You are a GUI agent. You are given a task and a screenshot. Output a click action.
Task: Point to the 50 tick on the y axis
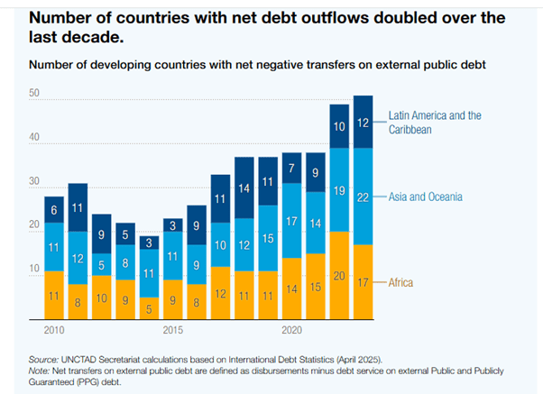point(35,95)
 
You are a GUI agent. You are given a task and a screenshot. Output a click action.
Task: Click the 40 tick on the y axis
point(35,138)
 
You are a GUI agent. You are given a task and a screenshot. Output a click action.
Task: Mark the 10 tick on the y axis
point(35,269)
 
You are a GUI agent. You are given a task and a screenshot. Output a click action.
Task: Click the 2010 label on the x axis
point(54,329)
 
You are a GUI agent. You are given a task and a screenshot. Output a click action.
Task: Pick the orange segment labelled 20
point(339,275)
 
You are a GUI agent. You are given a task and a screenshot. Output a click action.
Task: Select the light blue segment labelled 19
point(339,190)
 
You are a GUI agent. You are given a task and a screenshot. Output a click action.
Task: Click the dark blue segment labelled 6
point(54,209)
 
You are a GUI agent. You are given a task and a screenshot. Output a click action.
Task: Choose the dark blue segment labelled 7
point(291,169)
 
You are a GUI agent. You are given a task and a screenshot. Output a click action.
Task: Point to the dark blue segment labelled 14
point(244,189)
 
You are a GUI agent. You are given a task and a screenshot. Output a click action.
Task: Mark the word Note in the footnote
point(40,370)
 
